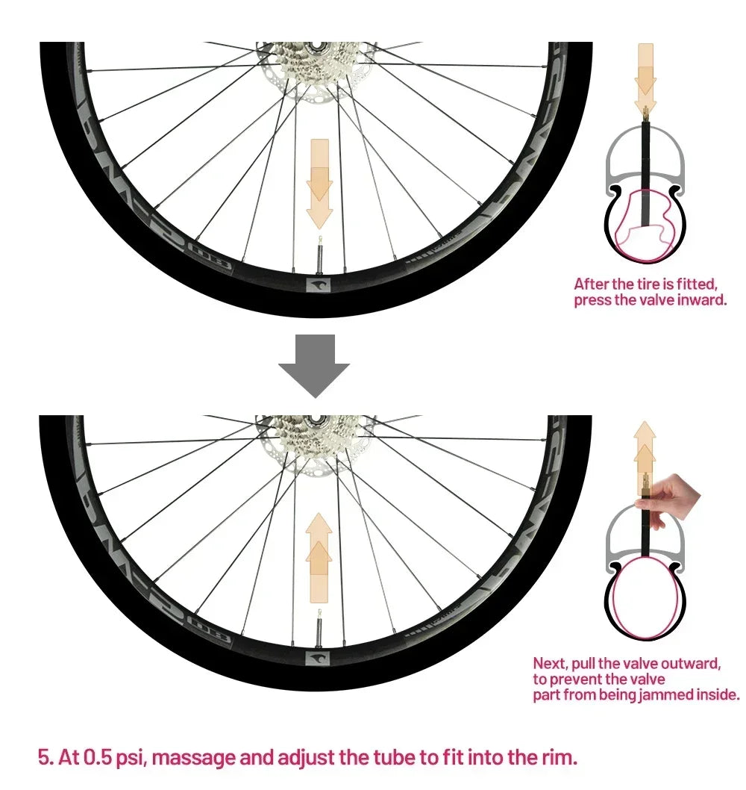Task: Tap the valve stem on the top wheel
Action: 319,256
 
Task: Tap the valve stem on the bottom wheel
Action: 319,630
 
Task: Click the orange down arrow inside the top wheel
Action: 319,184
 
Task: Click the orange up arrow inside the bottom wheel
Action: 319,558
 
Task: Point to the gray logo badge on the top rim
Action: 319,286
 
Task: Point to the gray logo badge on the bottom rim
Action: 318,659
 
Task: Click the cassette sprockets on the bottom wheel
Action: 315,435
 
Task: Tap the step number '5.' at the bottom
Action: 46,757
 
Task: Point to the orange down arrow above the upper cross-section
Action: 645,78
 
